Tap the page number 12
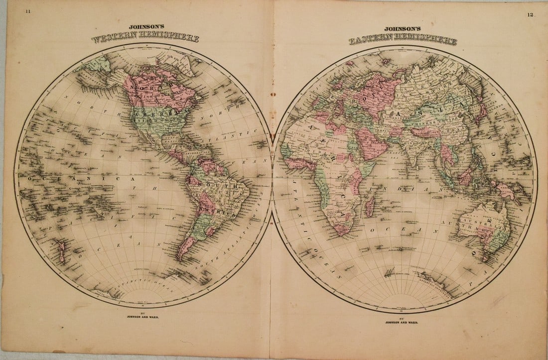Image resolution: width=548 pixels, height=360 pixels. (529, 15)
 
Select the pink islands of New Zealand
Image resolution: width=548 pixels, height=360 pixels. (61, 251)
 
